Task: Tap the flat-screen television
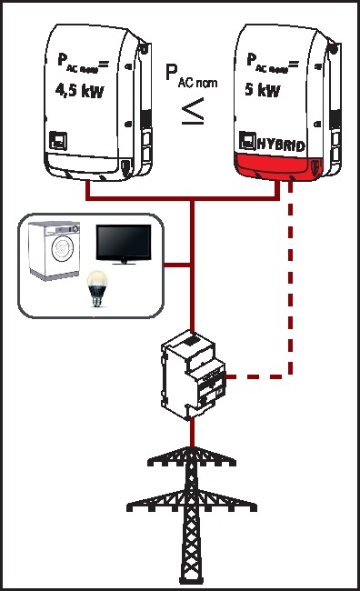(x=125, y=245)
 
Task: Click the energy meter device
(x=193, y=372)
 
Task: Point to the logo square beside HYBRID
(x=245, y=141)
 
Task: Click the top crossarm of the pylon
(x=193, y=461)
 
